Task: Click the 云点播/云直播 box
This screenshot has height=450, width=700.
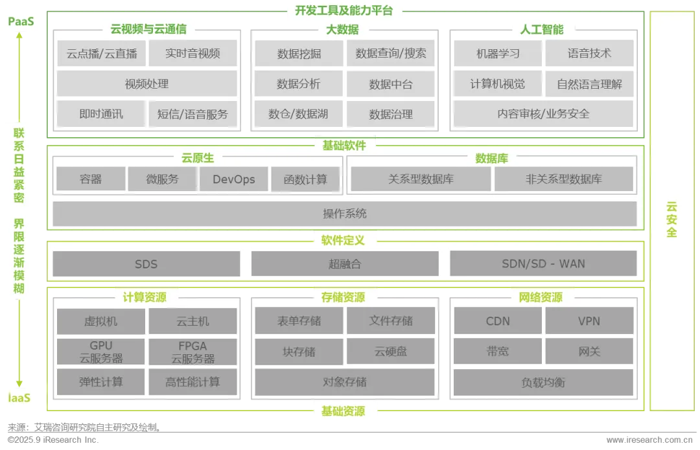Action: point(102,54)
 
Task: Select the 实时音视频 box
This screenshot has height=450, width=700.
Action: point(192,54)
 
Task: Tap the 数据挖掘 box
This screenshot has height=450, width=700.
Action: point(299,54)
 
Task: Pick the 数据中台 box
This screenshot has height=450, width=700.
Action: point(391,84)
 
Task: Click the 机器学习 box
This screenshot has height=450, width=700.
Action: point(498,54)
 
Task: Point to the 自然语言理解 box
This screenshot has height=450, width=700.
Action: point(589,84)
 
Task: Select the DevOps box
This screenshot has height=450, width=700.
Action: point(234,179)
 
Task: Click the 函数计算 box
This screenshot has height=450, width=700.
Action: point(305,179)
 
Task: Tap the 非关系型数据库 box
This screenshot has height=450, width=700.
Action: point(564,179)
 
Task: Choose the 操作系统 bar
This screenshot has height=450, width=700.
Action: point(345,214)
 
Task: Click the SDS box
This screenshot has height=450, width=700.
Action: point(146,264)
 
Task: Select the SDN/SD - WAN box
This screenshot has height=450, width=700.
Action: point(543,264)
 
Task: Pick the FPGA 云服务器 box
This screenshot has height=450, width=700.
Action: point(192,352)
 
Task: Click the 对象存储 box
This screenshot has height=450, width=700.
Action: point(345,382)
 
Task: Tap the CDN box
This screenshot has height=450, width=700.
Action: point(498,321)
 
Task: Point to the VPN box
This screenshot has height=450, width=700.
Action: point(589,321)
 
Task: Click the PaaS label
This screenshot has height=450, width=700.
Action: point(21,22)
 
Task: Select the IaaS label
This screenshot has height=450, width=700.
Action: point(19,398)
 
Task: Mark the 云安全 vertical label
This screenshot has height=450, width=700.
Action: point(671,219)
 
